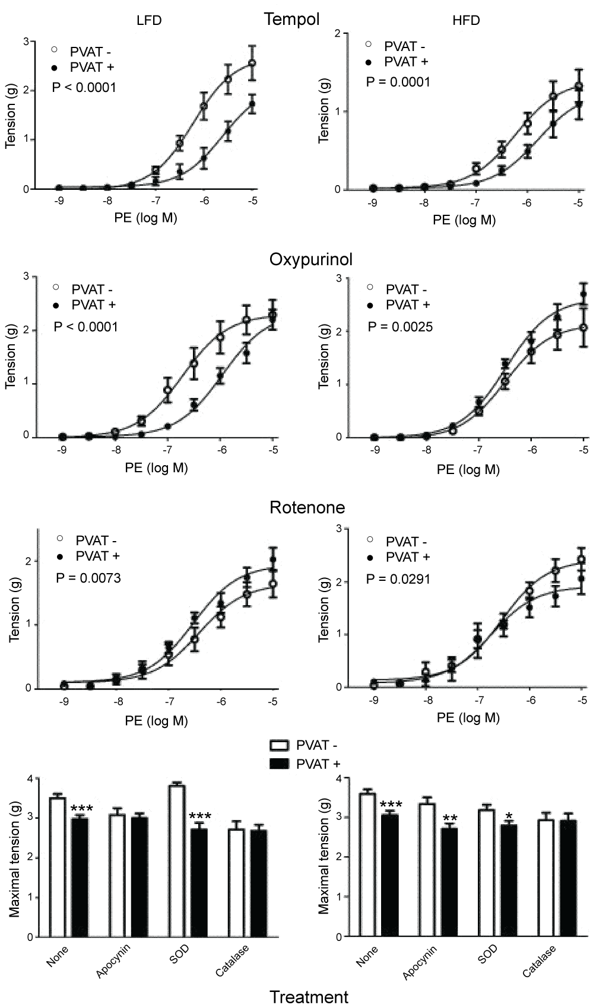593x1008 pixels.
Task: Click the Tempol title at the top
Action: click(291, 20)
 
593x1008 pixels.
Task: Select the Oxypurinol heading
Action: click(310, 260)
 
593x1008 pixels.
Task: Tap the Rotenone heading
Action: click(307, 508)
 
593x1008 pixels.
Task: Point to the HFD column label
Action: click(466, 21)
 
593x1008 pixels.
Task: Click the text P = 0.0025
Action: click(400, 327)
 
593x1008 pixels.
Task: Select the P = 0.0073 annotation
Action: click(88, 577)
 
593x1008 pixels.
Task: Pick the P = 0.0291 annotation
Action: click(398, 578)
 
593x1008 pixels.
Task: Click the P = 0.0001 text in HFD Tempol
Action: click(398, 82)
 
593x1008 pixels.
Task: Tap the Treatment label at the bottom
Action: click(309, 997)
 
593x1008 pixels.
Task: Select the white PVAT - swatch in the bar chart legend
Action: click(280, 746)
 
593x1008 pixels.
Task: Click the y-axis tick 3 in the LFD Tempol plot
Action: click(26, 41)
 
